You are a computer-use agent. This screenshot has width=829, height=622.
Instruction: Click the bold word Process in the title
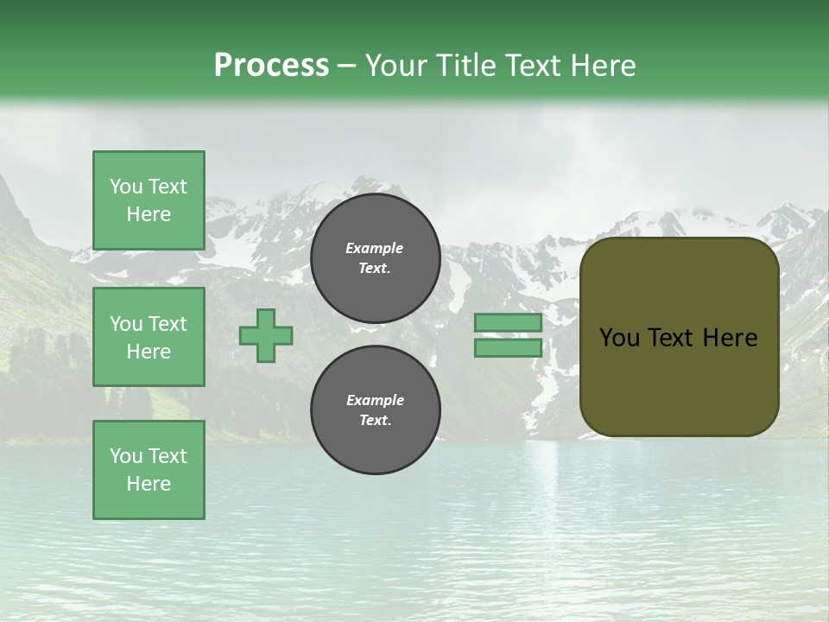(x=271, y=65)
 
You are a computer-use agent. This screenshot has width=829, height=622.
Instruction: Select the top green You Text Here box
(x=149, y=200)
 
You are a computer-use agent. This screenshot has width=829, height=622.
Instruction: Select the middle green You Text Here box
(x=149, y=337)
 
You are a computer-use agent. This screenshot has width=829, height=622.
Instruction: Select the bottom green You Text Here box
(x=149, y=469)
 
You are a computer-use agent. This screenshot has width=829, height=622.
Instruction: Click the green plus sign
(x=266, y=336)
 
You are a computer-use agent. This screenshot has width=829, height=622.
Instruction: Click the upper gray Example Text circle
(x=376, y=257)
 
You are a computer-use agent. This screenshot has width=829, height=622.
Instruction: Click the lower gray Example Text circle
(x=376, y=409)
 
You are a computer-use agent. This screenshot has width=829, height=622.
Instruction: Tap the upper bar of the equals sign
(x=508, y=323)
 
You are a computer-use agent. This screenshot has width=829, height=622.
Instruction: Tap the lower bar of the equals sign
(x=508, y=347)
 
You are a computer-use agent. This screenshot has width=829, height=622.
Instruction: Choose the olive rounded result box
(x=679, y=337)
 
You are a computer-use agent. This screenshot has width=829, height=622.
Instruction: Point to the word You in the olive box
(x=620, y=338)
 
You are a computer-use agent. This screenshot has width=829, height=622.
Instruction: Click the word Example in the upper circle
(x=375, y=248)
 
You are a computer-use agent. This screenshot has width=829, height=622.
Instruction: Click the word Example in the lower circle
(x=375, y=400)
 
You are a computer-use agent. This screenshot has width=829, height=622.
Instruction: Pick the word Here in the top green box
(x=149, y=214)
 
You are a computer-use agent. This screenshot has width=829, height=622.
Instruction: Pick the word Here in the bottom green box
(x=149, y=484)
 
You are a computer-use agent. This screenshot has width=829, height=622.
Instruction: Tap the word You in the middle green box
(x=126, y=324)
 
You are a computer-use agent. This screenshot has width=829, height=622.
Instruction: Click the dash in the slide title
(x=347, y=66)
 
